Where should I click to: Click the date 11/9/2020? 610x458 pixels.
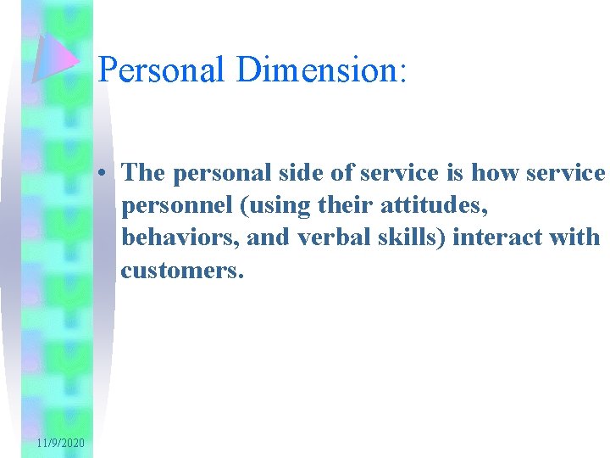pos(60,444)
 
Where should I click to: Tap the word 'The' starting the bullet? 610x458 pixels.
pos(143,173)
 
